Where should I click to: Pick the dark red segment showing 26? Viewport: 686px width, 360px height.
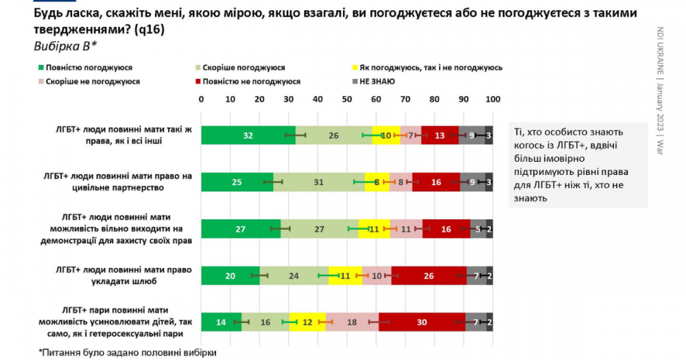pos(429,276)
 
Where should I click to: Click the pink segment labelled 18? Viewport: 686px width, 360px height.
pos(352,322)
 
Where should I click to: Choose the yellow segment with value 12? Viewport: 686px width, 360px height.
pos(307,322)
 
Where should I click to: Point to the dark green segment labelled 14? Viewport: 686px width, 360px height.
pos(221,322)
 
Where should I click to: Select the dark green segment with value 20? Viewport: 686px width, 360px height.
pos(230,276)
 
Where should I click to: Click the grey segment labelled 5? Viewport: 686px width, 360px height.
pos(478,229)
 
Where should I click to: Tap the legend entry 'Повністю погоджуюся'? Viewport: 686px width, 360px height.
pos(88,68)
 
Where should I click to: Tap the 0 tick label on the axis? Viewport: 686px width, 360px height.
pos(201,100)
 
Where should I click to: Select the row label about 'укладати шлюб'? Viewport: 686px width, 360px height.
pos(128,275)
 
